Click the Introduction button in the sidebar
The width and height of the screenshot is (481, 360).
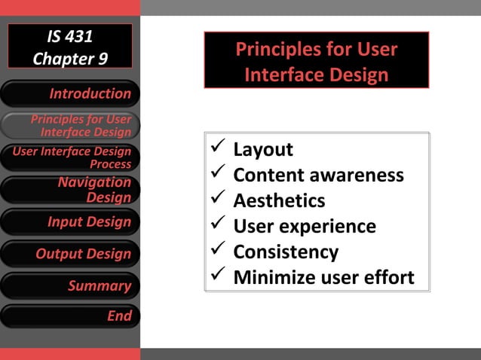70,93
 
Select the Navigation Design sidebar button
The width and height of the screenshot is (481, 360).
70,190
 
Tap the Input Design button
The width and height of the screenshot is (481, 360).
70,222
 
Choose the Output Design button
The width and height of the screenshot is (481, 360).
70,254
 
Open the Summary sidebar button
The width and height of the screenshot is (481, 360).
70,285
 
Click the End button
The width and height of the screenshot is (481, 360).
70,316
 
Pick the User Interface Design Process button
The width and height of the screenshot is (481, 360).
70,157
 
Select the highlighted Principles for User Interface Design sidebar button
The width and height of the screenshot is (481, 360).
70,126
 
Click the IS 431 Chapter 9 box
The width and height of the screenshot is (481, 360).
70,47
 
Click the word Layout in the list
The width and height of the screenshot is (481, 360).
263,150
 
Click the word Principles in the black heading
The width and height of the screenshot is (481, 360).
272,50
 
